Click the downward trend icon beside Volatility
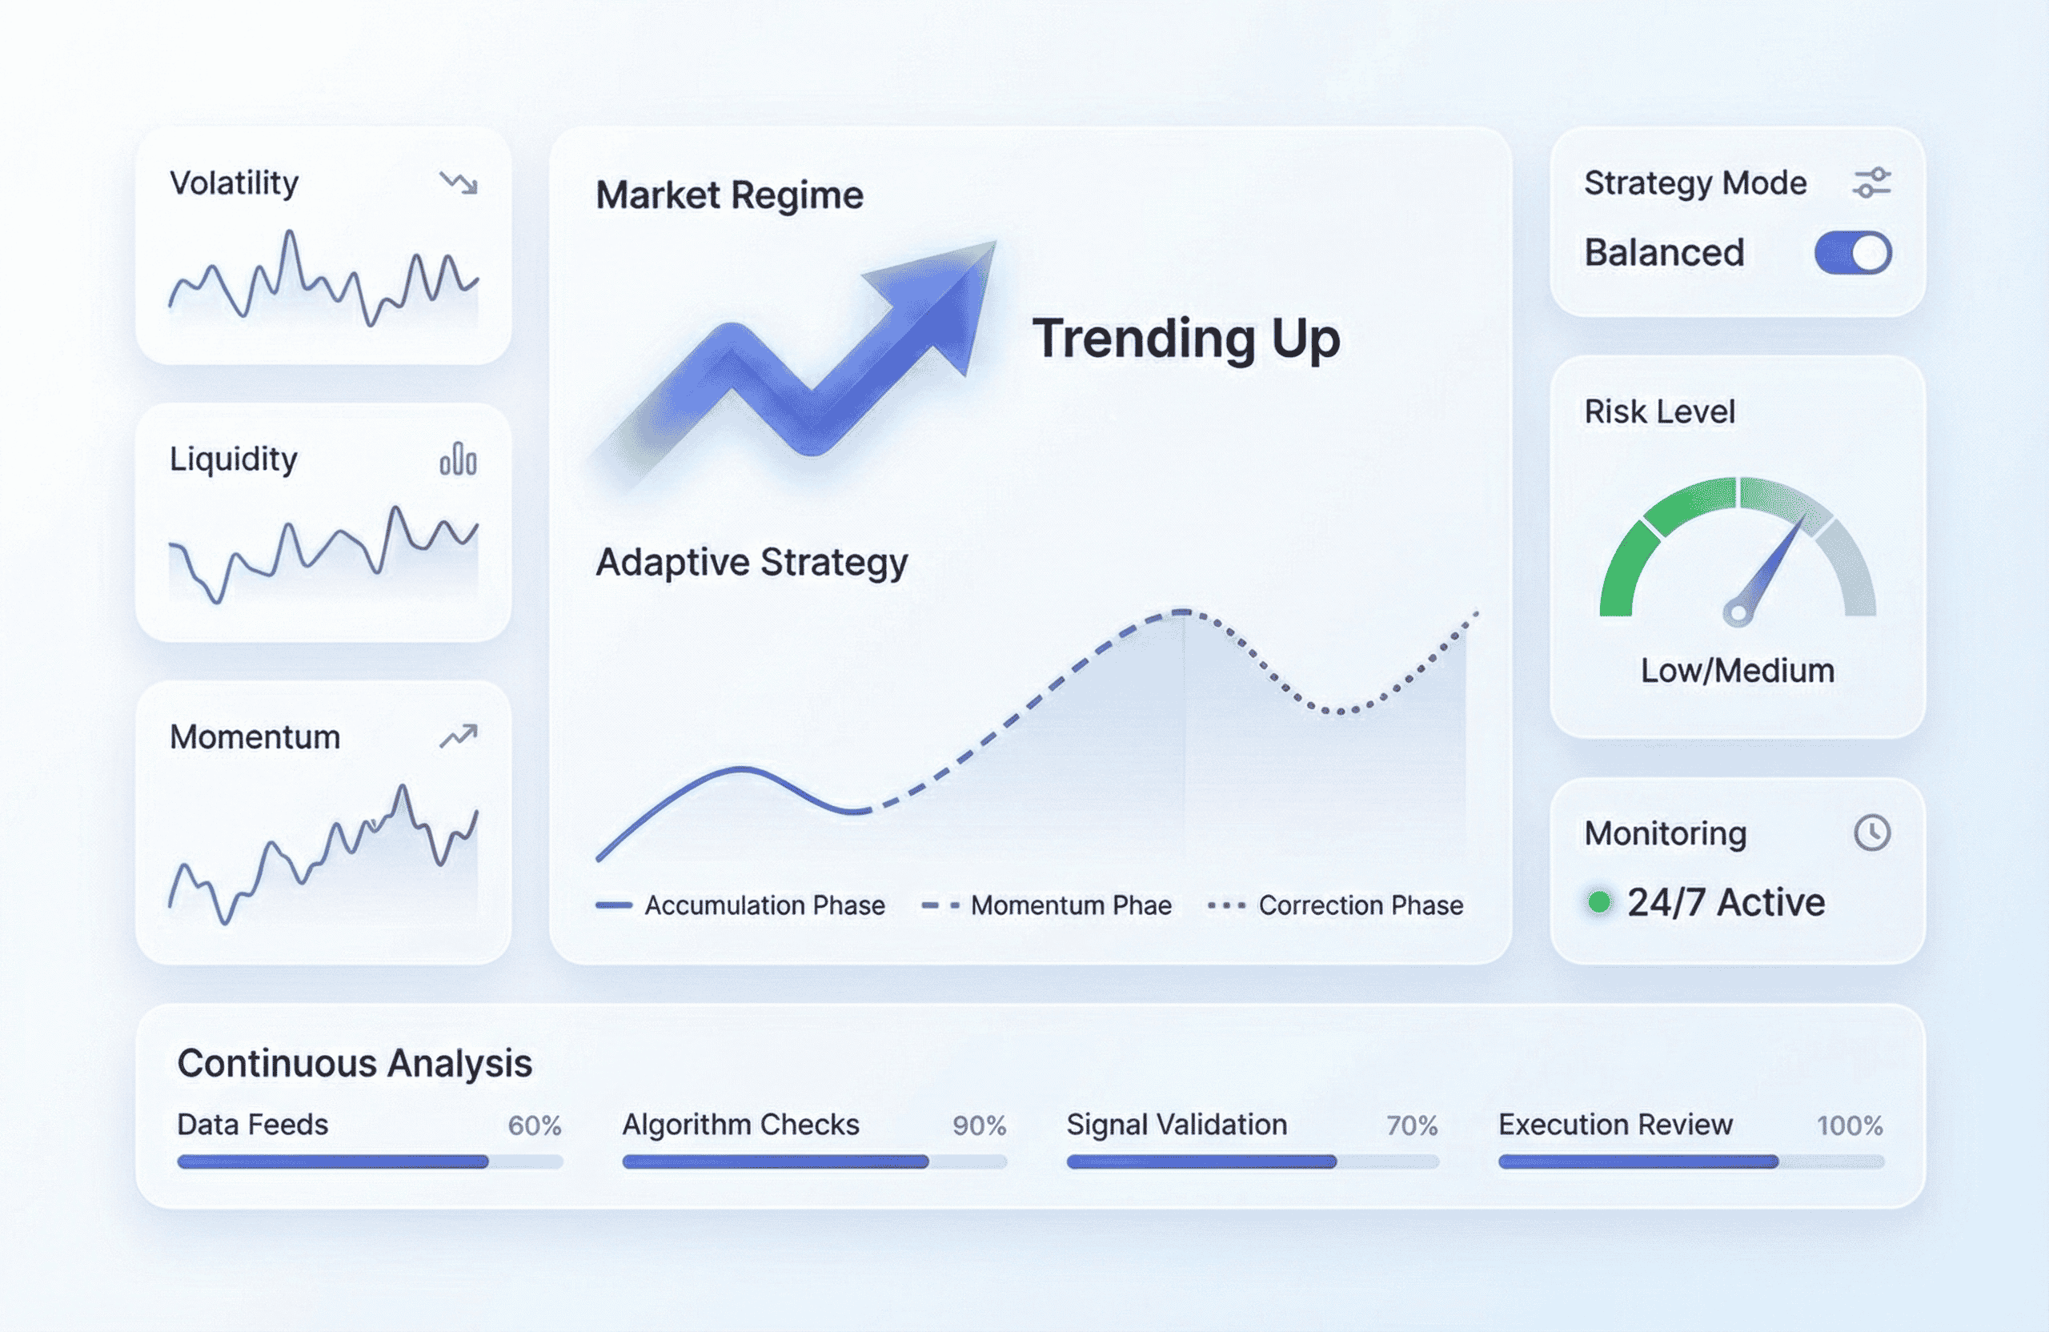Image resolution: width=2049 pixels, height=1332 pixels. point(458,183)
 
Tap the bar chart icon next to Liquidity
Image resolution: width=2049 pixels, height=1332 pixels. point(458,458)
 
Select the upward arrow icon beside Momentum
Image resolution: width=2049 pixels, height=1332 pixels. point(458,736)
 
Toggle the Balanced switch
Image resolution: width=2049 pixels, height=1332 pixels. point(1853,253)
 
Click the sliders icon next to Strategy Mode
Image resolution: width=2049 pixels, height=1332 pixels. point(1871,183)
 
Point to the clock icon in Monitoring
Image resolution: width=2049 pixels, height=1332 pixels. point(1871,832)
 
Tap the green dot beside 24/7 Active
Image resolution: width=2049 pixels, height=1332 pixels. point(1598,901)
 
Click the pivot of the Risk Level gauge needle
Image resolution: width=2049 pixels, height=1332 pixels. point(1738,613)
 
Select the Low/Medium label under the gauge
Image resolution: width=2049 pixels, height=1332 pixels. point(1738,670)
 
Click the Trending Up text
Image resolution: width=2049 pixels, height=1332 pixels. point(1186,339)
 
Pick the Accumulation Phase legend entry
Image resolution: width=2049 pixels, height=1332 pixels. point(740,905)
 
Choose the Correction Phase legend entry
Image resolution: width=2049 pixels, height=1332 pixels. point(1335,905)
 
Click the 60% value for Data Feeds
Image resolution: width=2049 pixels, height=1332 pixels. point(535,1125)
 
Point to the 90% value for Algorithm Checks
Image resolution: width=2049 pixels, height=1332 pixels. point(979,1125)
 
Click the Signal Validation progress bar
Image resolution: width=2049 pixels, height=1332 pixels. point(1253,1161)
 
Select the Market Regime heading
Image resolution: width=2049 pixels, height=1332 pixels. point(729,195)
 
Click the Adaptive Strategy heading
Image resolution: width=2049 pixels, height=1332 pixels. point(752,562)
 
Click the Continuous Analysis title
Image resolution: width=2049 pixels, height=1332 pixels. point(355,1063)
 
